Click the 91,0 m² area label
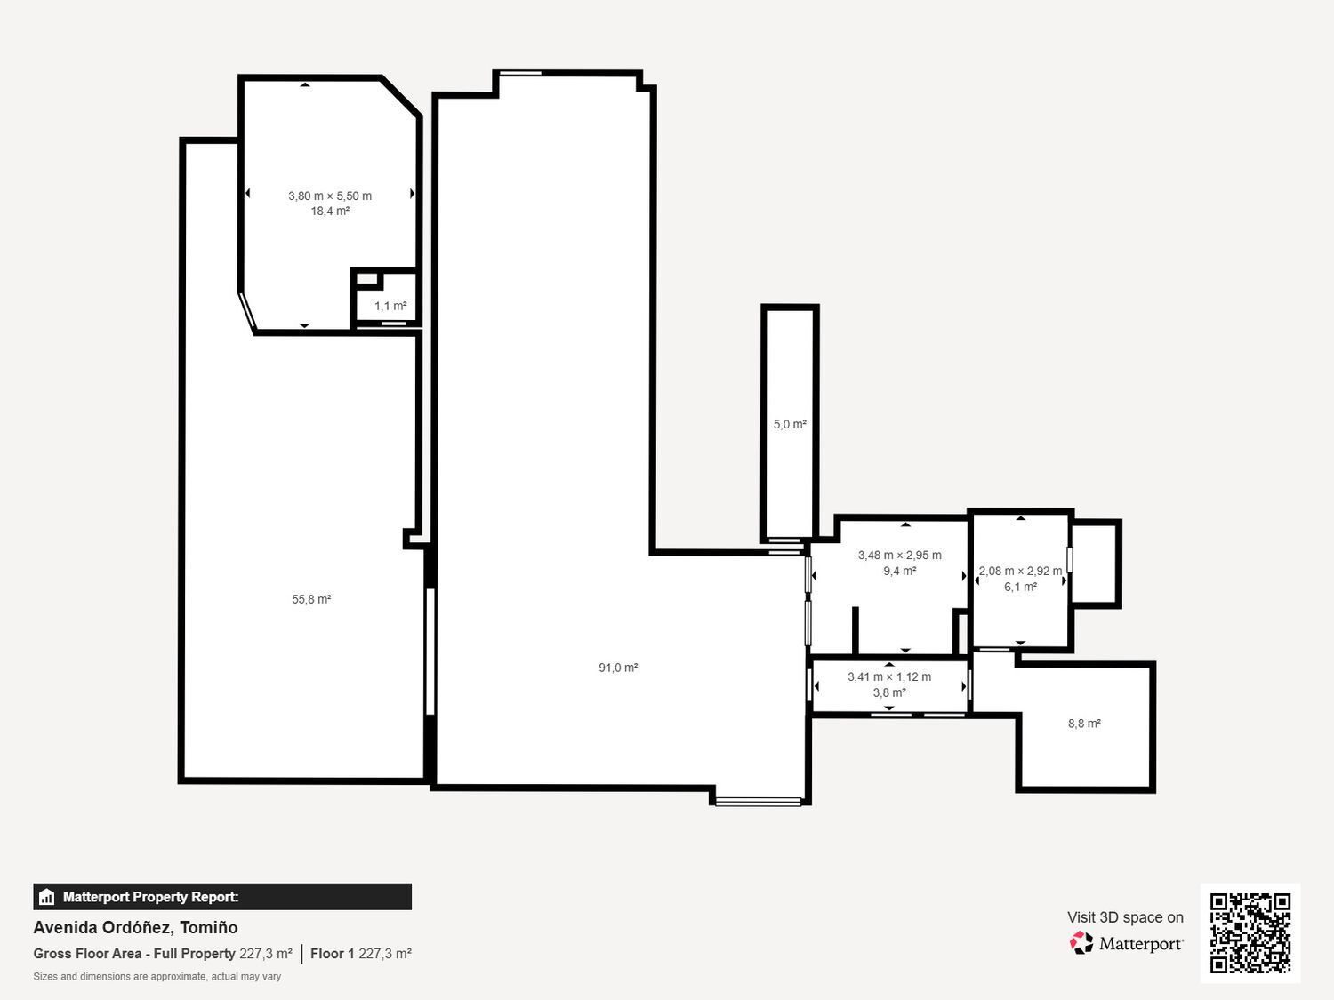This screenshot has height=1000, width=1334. (618, 668)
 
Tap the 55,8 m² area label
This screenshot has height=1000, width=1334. (311, 599)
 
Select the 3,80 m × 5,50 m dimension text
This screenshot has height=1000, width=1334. (330, 196)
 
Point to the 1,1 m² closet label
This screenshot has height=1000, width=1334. (390, 306)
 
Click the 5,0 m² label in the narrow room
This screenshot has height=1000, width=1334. (790, 424)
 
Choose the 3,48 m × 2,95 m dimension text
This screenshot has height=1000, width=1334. (899, 555)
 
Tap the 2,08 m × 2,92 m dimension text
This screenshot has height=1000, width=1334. (1020, 571)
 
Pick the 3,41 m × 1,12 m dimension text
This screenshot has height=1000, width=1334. (889, 676)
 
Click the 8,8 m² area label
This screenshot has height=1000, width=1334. (1084, 724)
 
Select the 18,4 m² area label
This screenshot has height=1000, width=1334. (330, 212)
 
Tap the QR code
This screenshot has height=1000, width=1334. (1250, 932)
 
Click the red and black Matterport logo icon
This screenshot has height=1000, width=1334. (1081, 943)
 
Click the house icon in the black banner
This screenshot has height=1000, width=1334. (46, 897)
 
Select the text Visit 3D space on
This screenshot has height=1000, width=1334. (1125, 917)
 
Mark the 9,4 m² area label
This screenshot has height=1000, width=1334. (899, 571)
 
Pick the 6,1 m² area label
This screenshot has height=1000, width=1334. (1020, 587)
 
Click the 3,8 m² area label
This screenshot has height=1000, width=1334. (889, 692)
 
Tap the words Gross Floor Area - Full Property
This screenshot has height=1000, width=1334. (134, 954)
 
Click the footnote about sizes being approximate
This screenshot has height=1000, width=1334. (157, 977)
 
